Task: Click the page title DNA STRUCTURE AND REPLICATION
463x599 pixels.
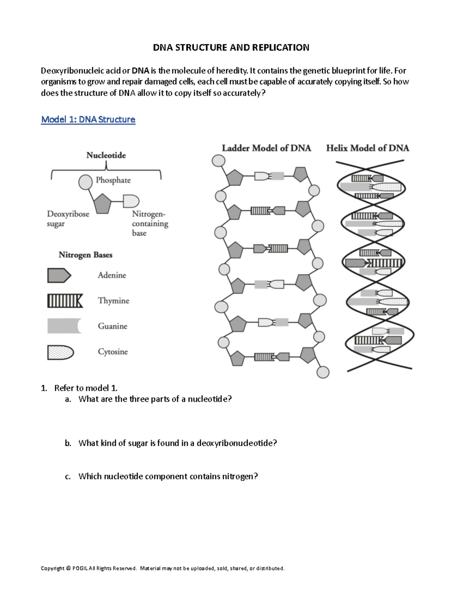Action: click(x=231, y=47)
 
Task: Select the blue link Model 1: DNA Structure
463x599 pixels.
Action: click(x=88, y=120)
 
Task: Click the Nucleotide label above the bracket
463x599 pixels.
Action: click(x=106, y=155)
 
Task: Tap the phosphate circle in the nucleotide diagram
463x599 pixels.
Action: click(x=85, y=182)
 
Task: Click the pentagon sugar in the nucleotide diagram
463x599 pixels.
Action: click(x=102, y=204)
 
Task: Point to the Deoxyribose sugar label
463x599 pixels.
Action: click(x=68, y=219)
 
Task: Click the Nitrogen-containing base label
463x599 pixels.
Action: click(x=150, y=223)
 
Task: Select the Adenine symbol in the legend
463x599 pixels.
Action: click(x=59, y=275)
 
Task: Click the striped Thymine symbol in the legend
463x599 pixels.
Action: click(x=65, y=301)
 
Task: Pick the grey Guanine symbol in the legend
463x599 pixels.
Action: click(x=64, y=326)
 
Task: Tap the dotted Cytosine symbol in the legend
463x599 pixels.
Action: click(x=60, y=352)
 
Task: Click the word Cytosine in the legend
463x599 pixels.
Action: click(x=113, y=352)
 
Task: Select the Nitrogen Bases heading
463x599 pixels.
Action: click(x=85, y=255)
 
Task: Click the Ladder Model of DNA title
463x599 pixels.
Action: click(x=266, y=148)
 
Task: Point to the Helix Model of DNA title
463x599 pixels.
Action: click(x=368, y=148)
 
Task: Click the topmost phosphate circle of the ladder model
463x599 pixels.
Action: click(x=219, y=160)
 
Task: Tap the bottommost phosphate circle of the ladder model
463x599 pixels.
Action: click(x=323, y=372)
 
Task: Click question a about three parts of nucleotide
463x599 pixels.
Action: click(x=155, y=399)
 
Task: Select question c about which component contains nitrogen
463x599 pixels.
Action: click(x=168, y=476)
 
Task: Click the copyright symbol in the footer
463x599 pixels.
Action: click(x=68, y=568)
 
